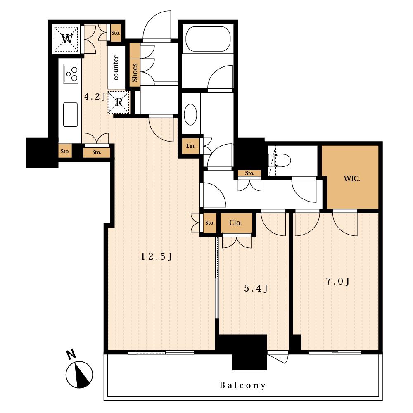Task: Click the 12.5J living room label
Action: point(157,256)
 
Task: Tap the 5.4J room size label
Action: point(256,288)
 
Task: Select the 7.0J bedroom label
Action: point(338,281)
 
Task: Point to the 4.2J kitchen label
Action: point(95,97)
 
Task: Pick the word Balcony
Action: point(242,385)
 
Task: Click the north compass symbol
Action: point(79,375)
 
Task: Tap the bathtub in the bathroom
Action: point(208,39)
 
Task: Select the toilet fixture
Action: point(280,160)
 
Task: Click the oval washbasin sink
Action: point(190,114)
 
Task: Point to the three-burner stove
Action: point(71,74)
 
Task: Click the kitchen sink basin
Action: point(70,114)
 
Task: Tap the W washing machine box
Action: point(66,39)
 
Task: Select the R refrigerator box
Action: point(119,102)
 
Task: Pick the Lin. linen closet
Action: point(191,146)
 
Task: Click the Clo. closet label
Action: point(235,223)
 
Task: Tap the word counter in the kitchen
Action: point(116,68)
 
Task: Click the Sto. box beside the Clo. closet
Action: point(210,223)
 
